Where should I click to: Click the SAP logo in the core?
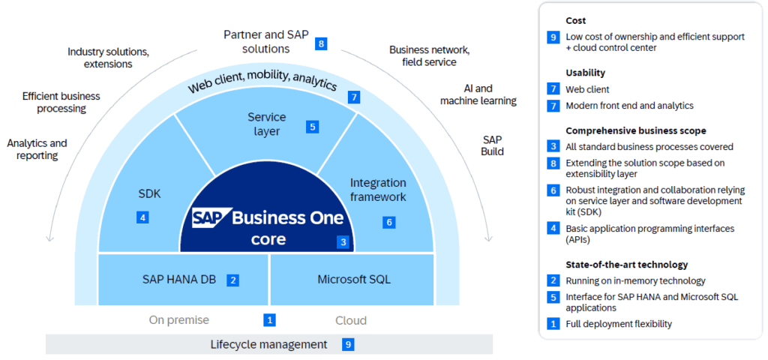point(209,218)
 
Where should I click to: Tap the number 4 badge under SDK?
point(142,217)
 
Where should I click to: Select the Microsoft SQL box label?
point(353,280)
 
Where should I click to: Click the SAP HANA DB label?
point(179,280)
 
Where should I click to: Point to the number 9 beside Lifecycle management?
point(347,344)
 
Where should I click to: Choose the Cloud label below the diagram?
point(350,320)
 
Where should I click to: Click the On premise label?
point(178,320)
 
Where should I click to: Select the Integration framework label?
point(378,190)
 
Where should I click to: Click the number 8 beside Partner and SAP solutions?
point(321,43)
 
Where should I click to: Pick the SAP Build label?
point(493,145)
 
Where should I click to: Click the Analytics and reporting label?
point(37,149)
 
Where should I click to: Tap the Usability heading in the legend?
point(585,73)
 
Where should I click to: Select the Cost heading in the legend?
point(576,20)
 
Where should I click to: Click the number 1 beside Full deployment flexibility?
point(553,324)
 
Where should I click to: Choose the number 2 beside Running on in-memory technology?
point(553,280)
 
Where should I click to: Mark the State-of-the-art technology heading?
point(626,265)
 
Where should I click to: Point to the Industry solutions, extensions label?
point(108,58)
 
